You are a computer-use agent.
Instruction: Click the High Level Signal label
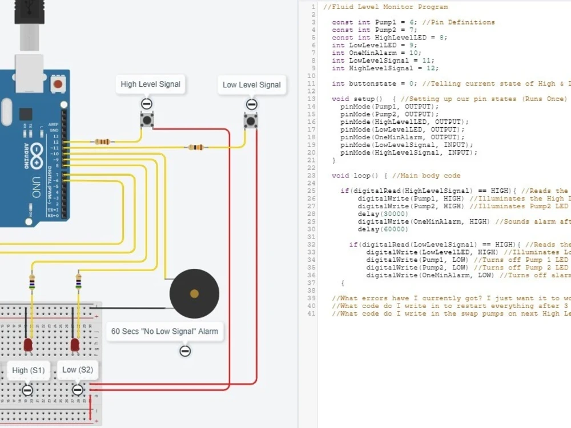coord(150,84)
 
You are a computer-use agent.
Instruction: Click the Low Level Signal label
coord(251,84)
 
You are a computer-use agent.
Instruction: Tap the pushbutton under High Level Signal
coord(147,120)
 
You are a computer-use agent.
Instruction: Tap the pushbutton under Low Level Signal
coord(251,121)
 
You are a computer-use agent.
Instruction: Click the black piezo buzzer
coord(194,294)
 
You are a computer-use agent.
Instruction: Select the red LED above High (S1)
coord(28,345)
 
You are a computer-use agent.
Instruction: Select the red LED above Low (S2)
coord(75,345)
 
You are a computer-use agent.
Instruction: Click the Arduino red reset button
coord(57,84)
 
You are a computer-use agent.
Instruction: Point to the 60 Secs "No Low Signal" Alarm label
coord(164,331)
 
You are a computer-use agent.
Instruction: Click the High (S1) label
coord(28,370)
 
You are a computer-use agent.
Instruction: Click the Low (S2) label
coord(77,370)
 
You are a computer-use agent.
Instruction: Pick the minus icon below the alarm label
coord(185,351)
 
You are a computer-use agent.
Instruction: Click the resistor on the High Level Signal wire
coord(103,142)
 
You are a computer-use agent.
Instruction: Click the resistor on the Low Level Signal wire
coord(195,147)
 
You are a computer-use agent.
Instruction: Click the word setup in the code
coord(364,99)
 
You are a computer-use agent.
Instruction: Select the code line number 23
coord(311,176)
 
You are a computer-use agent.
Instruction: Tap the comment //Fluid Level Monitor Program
coord(385,7)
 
